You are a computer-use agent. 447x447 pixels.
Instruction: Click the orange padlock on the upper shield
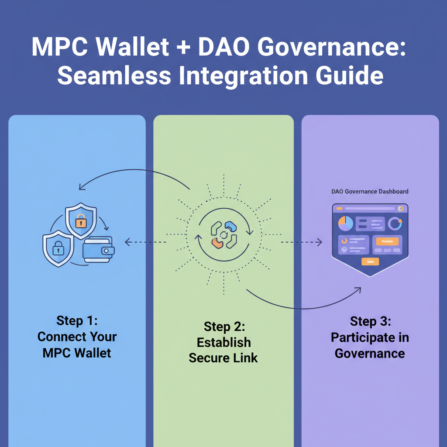click(80, 222)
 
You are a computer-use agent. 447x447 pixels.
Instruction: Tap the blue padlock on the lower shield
click(58, 250)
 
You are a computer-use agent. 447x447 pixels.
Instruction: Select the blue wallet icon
click(98, 250)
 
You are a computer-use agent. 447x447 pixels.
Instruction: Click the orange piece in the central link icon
click(216, 243)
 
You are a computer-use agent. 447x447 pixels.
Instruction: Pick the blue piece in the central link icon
click(230, 226)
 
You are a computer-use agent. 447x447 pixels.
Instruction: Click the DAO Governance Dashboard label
click(370, 192)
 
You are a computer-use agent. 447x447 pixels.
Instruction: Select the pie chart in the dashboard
click(345, 223)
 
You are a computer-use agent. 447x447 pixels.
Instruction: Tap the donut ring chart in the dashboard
click(395, 223)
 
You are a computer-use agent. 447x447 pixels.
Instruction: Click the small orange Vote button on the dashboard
click(370, 261)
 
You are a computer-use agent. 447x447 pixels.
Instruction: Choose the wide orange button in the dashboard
click(387, 241)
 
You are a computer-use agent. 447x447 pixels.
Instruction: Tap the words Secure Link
click(223, 358)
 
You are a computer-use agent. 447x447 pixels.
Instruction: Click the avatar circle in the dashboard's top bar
click(401, 209)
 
